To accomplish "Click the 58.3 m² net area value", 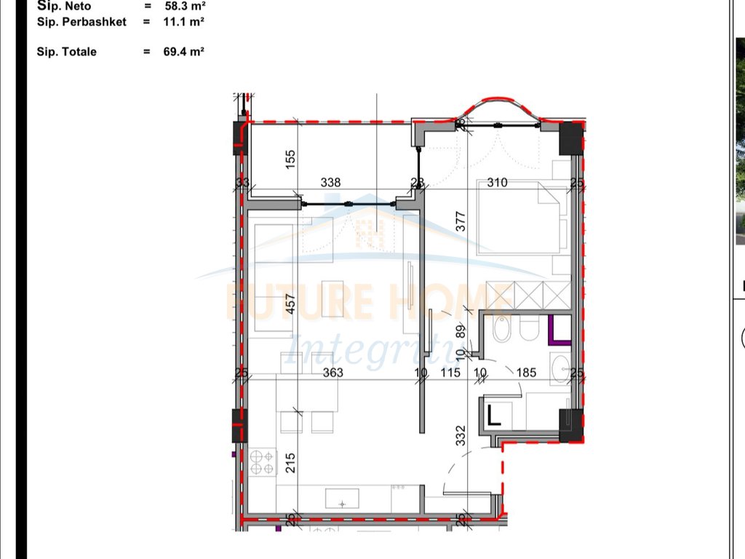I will (x=183, y=6).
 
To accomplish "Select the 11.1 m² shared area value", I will (x=183, y=22).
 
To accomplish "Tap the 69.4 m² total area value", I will (x=183, y=52).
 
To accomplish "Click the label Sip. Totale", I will (x=67, y=52).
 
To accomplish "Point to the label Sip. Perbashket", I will (x=81, y=22).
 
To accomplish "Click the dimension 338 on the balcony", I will (x=330, y=183).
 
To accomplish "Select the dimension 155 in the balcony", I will (x=290, y=160).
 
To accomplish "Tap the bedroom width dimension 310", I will (x=497, y=183).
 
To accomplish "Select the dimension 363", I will (x=332, y=373).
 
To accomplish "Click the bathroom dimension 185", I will (x=525, y=373).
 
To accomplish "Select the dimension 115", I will (x=451, y=373).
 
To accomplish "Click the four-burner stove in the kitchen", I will (x=263, y=462).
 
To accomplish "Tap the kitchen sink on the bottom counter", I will (x=341, y=499).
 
